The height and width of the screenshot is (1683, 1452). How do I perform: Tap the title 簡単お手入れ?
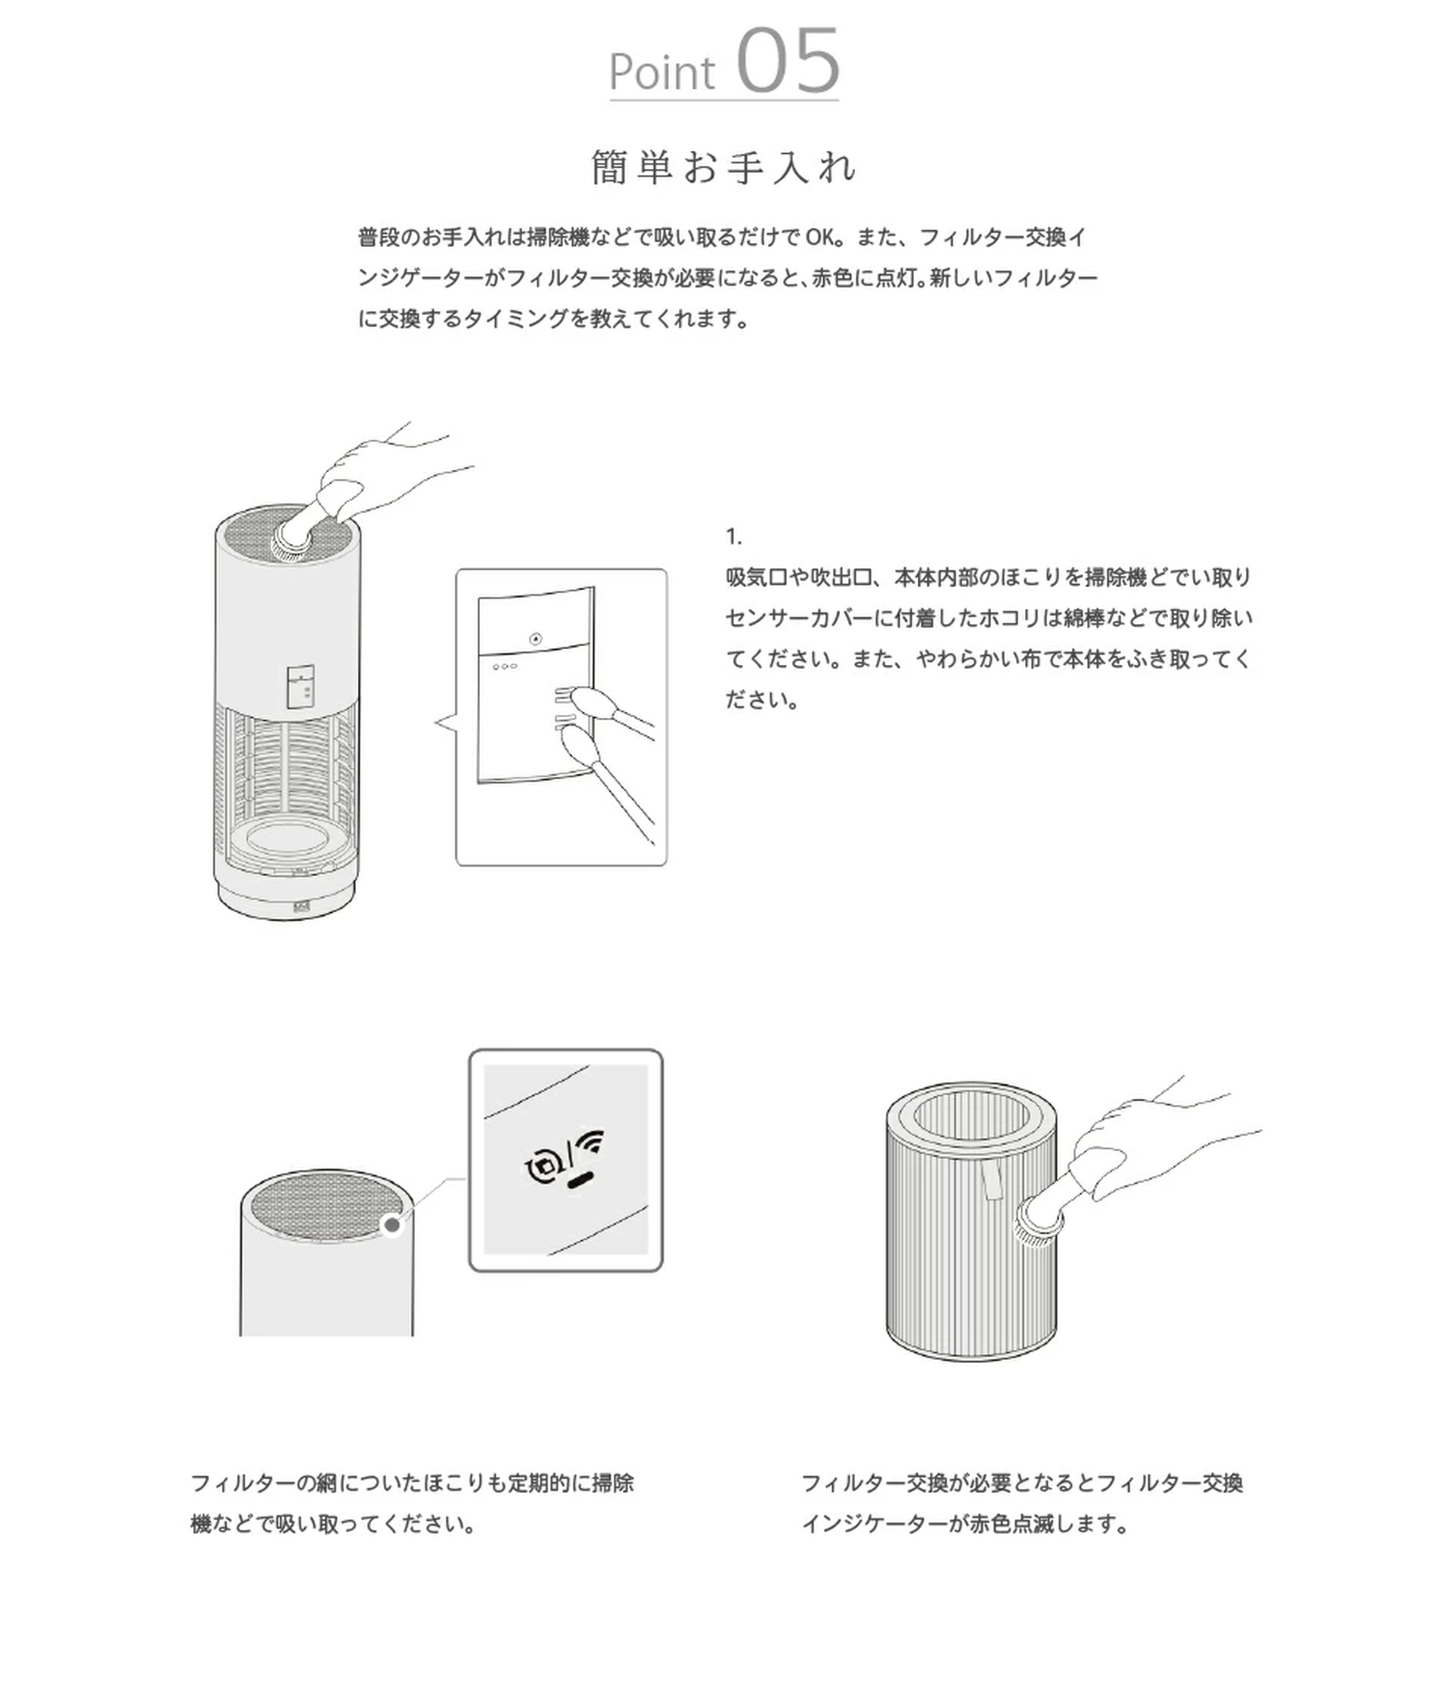(x=724, y=168)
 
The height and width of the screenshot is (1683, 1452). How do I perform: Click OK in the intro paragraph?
(x=820, y=237)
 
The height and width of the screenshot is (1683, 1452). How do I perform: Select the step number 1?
(x=733, y=537)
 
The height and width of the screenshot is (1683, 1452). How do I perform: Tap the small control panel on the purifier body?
(x=301, y=687)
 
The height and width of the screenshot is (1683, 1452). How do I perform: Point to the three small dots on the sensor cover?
(x=504, y=666)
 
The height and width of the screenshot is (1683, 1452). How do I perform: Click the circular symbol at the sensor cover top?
(x=534, y=639)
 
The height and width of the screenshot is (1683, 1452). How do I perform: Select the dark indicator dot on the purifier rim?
(x=391, y=1225)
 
